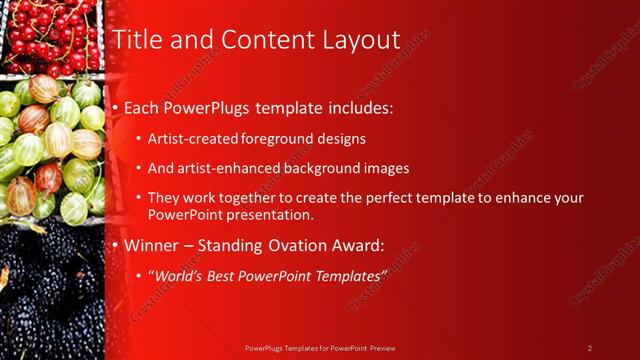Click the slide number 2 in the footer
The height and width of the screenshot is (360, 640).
tap(589, 348)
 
